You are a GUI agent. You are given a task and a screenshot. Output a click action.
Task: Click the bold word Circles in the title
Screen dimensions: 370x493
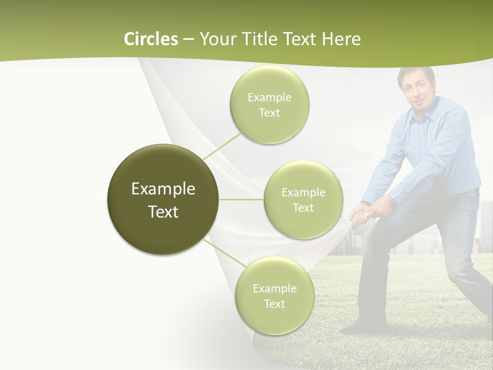tap(151, 39)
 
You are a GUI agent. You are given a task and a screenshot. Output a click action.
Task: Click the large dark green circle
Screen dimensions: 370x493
tap(163, 199)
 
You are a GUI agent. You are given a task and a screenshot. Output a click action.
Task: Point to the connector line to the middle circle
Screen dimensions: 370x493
tap(241, 199)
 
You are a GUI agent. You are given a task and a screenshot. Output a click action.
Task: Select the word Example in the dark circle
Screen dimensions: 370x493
tap(163, 189)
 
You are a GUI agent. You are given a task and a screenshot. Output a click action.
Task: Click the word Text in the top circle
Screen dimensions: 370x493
tap(269, 113)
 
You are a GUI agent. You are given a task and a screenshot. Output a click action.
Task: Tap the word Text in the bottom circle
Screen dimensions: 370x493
tap(274, 304)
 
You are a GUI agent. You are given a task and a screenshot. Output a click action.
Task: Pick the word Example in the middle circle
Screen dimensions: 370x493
tap(303, 193)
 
